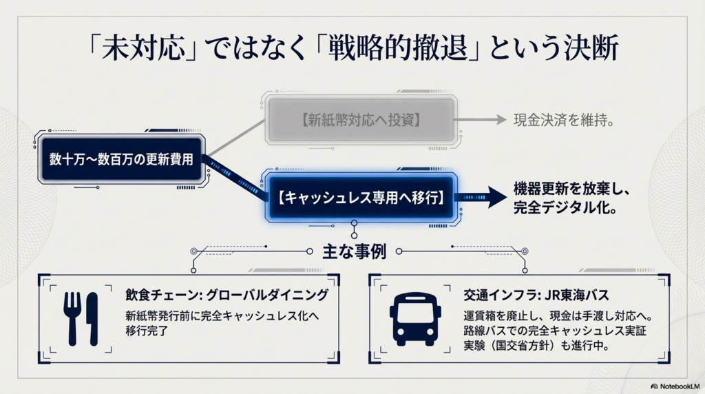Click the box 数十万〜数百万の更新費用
pyautogui.click(x=120, y=159)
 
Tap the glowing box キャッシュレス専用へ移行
pyautogui.click(x=360, y=196)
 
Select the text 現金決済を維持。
pyautogui.click(x=563, y=120)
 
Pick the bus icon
pyautogui.click(x=416, y=318)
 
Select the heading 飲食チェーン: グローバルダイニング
pyautogui.click(x=227, y=295)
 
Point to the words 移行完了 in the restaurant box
pyautogui.click(x=147, y=331)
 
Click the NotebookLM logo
pyautogui.click(x=675, y=385)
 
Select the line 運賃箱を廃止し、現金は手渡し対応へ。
pyautogui.click(x=558, y=316)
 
